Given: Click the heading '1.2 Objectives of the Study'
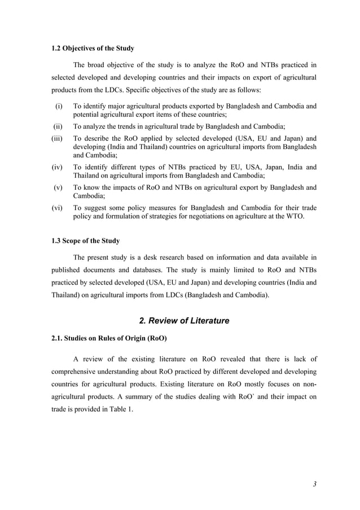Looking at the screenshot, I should click(x=93, y=48).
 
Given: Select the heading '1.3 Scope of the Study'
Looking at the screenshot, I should click(x=85, y=241).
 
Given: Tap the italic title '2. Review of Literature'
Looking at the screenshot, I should click(x=184, y=321).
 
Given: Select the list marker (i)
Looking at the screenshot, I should click(x=58, y=106).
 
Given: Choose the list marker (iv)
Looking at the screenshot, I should click(x=58, y=167).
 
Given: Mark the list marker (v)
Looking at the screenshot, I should click(x=58, y=188).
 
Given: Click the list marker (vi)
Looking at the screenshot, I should click(x=58, y=208).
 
